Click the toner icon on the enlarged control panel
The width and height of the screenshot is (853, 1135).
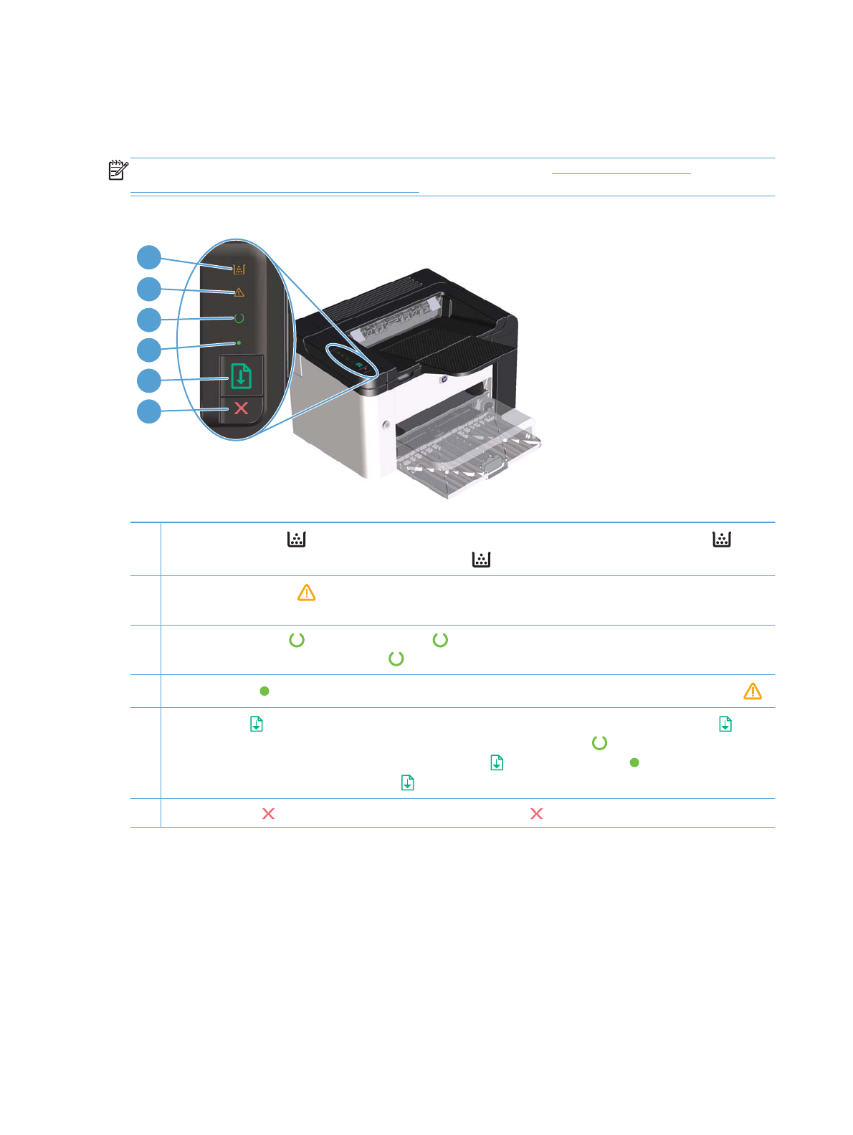pos(239,269)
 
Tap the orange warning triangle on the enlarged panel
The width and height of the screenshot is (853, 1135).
pos(239,292)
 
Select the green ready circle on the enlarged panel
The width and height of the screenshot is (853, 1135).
pos(239,318)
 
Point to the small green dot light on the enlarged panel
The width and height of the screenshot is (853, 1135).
pos(239,343)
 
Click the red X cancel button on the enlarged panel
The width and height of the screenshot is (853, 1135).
pos(242,408)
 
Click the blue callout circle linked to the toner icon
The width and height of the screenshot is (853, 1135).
pos(149,258)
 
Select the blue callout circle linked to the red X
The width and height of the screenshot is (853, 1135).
pos(149,411)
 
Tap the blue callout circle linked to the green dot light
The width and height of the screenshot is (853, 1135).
pos(149,350)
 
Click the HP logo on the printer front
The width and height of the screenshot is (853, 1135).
pos(444,379)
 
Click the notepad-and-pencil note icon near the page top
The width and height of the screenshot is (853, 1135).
pos(118,171)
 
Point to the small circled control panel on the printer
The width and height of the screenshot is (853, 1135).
pos(352,359)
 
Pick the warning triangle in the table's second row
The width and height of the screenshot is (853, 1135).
pos(306,593)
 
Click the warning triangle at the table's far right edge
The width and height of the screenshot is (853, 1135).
pos(753,691)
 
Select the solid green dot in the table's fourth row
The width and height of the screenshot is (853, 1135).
pos(265,691)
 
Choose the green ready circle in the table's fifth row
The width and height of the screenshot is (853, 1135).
pos(599,743)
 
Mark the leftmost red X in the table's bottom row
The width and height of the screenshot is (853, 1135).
pos(269,814)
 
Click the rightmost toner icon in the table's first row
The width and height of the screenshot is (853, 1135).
pos(721,540)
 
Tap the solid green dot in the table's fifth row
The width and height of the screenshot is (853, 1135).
pos(634,762)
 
